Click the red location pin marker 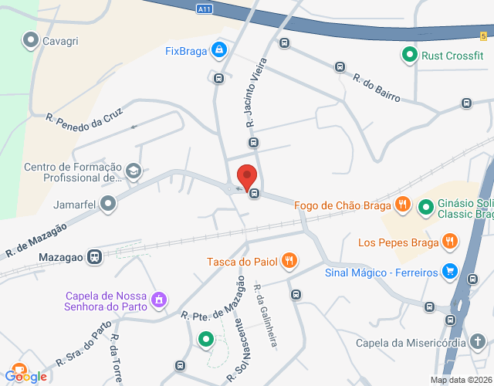(247, 177)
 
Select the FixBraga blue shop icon (219, 51)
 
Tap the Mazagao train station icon (95, 256)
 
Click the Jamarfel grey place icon (108, 204)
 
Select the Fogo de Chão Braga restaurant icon (402, 205)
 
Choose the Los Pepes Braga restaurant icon (450, 242)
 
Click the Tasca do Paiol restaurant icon (289, 261)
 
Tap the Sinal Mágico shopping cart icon (450, 271)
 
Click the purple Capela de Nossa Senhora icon (159, 299)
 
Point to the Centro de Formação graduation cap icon (134, 171)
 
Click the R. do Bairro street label (377, 88)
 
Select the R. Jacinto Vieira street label (255, 92)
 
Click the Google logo (26, 375)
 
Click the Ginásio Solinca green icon (425, 207)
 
